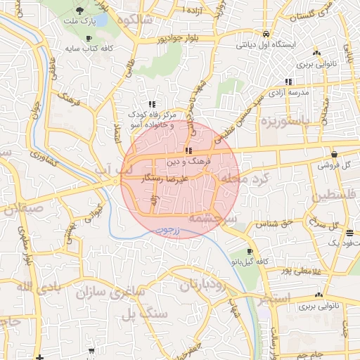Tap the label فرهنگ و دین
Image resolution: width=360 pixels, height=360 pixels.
point(186,162)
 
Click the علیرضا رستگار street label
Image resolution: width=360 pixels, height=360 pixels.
point(165,179)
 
